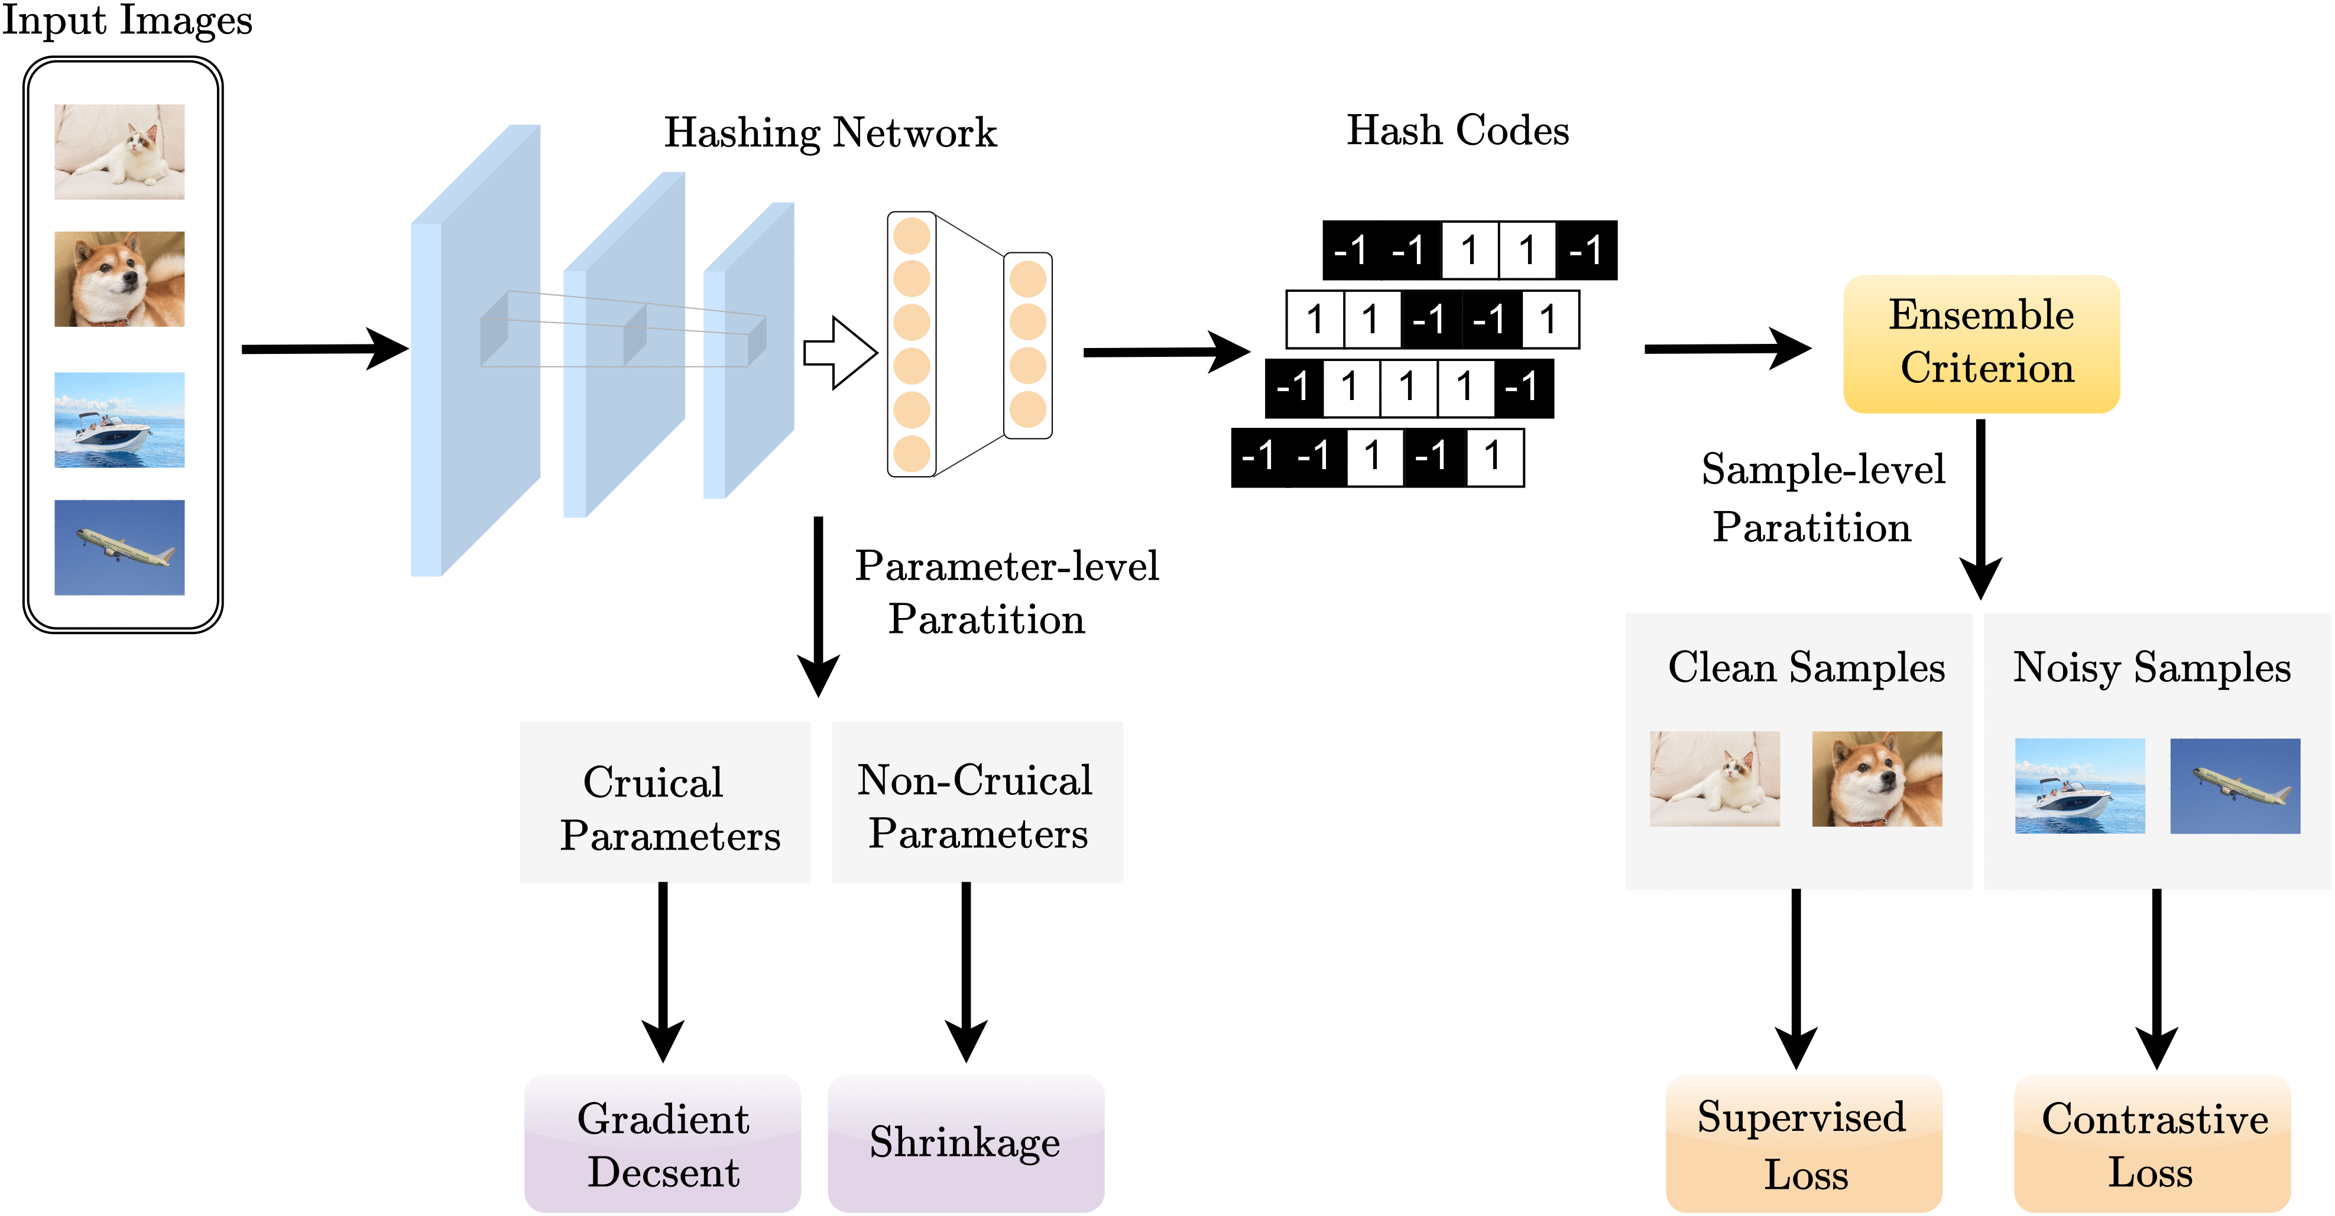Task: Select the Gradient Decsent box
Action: tap(663, 1143)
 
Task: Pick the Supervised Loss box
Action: tap(1803, 1143)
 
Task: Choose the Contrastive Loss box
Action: tap(2153, 1143)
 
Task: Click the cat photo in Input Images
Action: tap(119, 151)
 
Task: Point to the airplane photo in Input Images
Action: tap(119, 547)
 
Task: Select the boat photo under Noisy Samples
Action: tap(2080, 786)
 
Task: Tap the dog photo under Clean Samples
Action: tap(1876, 778)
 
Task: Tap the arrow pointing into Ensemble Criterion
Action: tap(1726, 349)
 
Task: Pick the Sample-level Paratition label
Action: tap(1822, 498)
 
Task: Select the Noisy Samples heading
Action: tap(2151, 668)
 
